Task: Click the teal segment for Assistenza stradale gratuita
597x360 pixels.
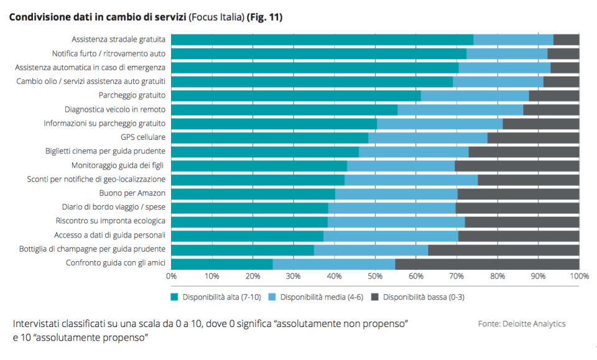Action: (322, 40)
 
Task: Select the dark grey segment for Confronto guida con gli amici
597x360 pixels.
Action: (487, 264)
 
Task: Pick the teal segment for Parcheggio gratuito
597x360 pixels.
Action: (296, 96)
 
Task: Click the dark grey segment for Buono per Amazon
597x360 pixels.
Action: (518, 194)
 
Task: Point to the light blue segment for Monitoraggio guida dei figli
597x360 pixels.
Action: (400, 166)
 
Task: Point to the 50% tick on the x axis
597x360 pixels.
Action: (375, 275)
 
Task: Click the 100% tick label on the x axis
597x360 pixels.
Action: (579, 275)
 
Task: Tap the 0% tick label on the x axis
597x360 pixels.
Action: (172, 275)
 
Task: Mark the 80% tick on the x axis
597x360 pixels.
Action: (497, 275)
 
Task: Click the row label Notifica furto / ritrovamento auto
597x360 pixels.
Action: (108, 53)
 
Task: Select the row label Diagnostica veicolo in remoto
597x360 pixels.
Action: (114, 109)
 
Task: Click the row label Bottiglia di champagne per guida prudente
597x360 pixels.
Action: (99, 249)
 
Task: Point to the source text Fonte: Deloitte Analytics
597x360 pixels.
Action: (522, 324)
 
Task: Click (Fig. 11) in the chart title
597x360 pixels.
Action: (264, 18)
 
